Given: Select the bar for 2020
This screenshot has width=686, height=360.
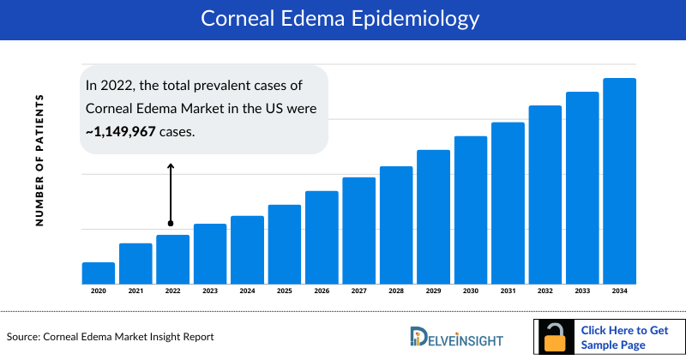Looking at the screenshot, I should point(99,273).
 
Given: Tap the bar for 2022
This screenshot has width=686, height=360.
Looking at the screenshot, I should point(172,259).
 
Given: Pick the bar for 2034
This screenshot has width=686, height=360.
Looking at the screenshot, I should point(619,181).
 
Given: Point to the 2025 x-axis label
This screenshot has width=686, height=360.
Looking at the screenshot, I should point(285,291).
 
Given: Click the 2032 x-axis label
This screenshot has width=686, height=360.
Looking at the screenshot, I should point(545,291).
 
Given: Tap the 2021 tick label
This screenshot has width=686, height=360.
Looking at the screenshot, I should point(135,291).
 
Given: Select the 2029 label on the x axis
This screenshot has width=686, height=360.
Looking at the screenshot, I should point(433,291).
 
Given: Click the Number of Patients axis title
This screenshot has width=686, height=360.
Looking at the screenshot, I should point(39,161).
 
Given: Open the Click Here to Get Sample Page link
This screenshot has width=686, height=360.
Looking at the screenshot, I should point(624,337).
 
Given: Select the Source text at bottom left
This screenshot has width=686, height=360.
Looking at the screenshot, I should point(110,337).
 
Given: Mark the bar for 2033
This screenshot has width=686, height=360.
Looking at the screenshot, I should point(582,188).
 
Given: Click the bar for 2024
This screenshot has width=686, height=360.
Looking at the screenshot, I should point(247,249).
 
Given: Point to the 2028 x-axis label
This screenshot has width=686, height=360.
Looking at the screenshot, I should point(396,291).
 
